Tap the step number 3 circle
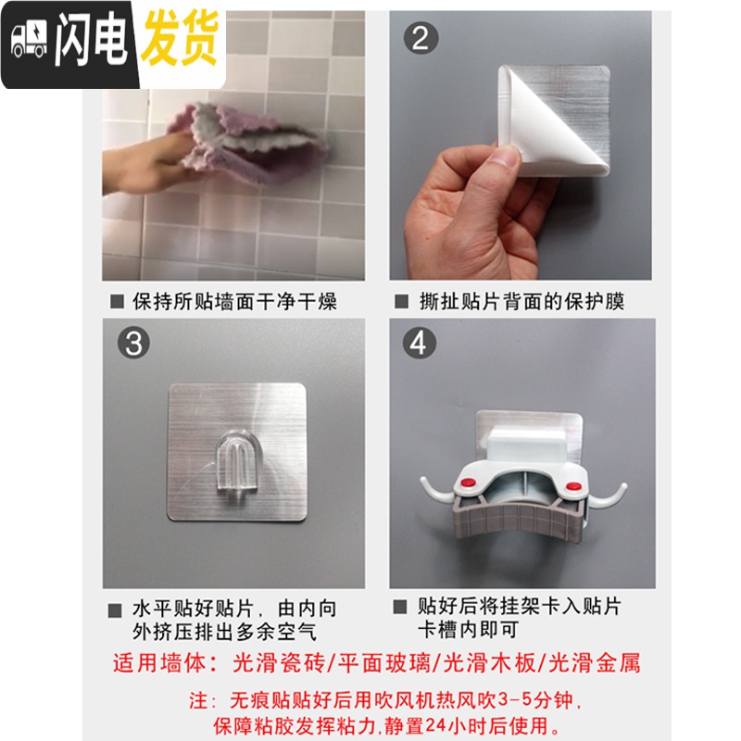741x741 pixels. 134,344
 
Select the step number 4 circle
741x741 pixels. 421,344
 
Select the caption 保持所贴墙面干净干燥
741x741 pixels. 233,301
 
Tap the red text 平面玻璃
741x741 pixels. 370,662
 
